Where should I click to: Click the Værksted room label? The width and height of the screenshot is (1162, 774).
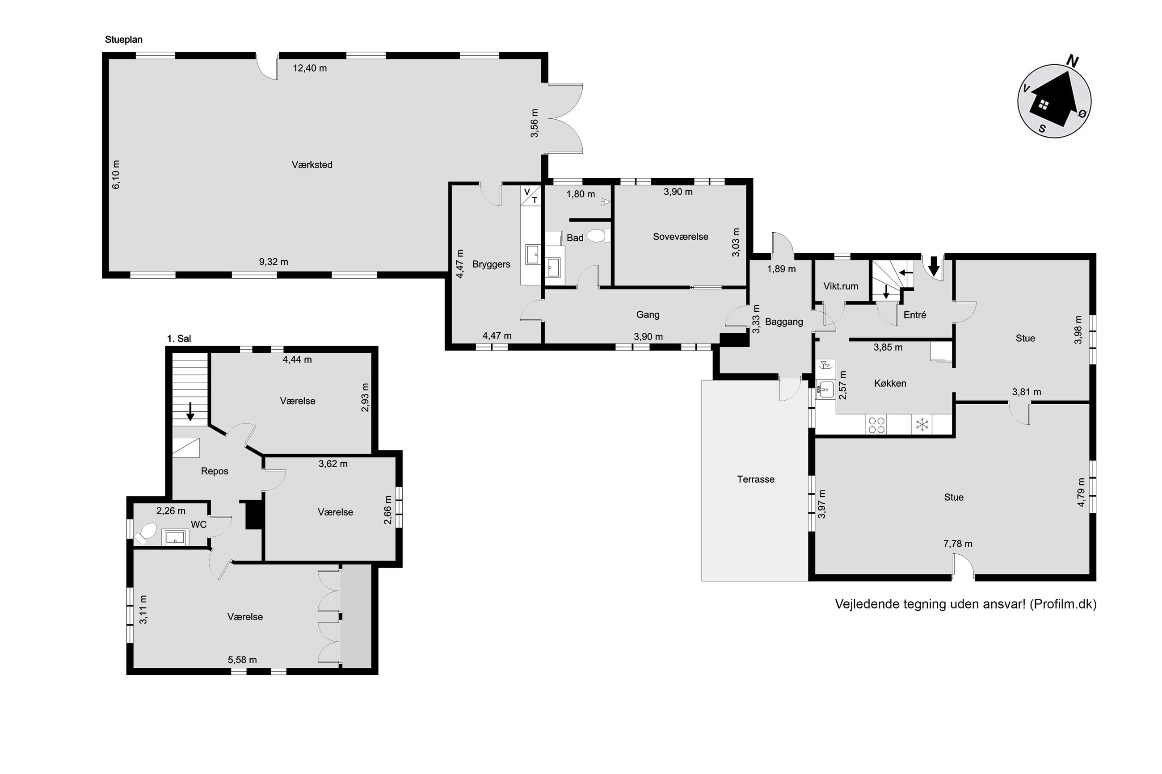[312, 165]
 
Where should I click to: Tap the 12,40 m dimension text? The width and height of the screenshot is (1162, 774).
[310, 68]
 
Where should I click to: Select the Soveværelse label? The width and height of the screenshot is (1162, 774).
[680, 236]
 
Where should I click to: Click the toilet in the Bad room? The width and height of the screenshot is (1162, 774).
[598, 235]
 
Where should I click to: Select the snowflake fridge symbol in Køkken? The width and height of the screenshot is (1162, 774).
[922, 424]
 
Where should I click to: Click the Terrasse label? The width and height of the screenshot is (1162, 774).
[756, 479]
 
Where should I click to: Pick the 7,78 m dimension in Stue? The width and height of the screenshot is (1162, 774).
[958, 544]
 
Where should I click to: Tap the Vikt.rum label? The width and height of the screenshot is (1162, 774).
[841, 286]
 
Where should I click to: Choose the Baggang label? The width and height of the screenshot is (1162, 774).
[784, 322]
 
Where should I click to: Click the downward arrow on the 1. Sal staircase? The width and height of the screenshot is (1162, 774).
[190, 411]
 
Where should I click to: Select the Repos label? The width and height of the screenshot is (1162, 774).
[215, 471]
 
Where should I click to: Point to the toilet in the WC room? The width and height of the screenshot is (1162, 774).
[146, 534]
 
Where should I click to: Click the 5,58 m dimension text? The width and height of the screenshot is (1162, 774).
[242, 660]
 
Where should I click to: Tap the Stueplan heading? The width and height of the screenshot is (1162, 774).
[123, 39]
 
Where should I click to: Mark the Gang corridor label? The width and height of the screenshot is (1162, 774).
[648, 314]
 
